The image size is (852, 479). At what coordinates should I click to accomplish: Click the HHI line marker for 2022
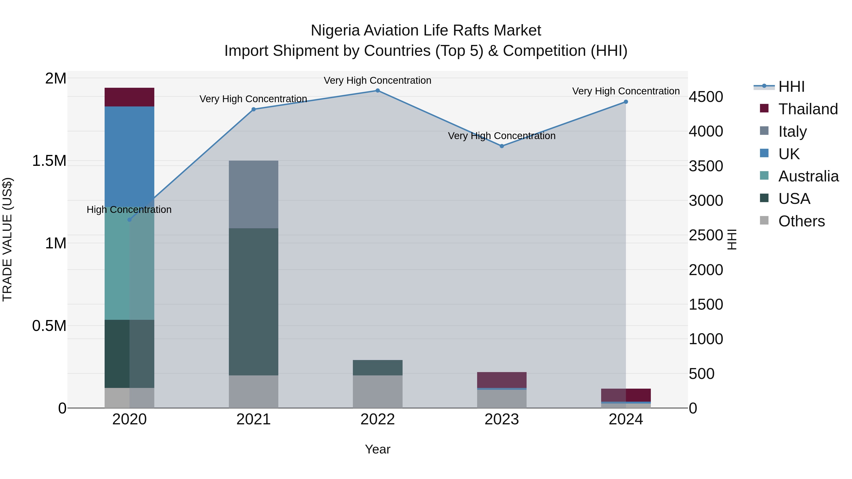(x=377, y=91)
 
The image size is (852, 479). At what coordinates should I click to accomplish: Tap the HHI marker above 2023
(x=501, y=146)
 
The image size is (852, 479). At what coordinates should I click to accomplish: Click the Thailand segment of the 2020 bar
(x=129, y=97)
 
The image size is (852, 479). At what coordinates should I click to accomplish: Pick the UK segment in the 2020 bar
(x=129, y=156)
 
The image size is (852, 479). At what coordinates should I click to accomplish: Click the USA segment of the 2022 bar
(x=377, y=368)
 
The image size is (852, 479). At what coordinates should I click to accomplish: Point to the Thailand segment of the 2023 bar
(x=501, y=380)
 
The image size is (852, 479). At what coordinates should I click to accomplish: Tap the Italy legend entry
(x=792, y=132)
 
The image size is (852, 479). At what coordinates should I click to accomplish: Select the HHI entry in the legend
(x=791, y=87)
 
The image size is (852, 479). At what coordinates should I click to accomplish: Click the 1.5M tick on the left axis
(x=49, y=161)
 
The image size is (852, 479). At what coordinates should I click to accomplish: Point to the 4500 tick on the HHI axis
(x=706, y=97)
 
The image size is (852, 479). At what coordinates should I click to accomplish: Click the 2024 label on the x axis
(x=626, y=419)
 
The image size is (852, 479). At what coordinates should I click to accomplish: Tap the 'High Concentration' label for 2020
(x=129, y=210)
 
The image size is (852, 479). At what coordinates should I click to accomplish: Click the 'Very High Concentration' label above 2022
(x=377, y=80)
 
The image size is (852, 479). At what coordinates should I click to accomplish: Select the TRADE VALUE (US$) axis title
(x=7, y=239)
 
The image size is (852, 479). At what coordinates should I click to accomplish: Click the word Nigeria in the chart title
(x=335, y=31)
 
